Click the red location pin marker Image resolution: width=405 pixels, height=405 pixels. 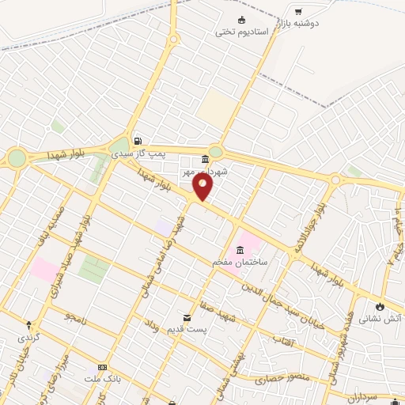[x=203, y=187]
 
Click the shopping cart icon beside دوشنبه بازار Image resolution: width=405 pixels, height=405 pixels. [x=297, y=11]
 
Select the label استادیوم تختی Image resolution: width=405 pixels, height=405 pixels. [x=242, y=32]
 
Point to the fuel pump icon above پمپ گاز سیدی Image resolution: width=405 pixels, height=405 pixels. [x=138, y=134]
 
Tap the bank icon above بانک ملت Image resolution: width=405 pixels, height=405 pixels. [x=101, y=368]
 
